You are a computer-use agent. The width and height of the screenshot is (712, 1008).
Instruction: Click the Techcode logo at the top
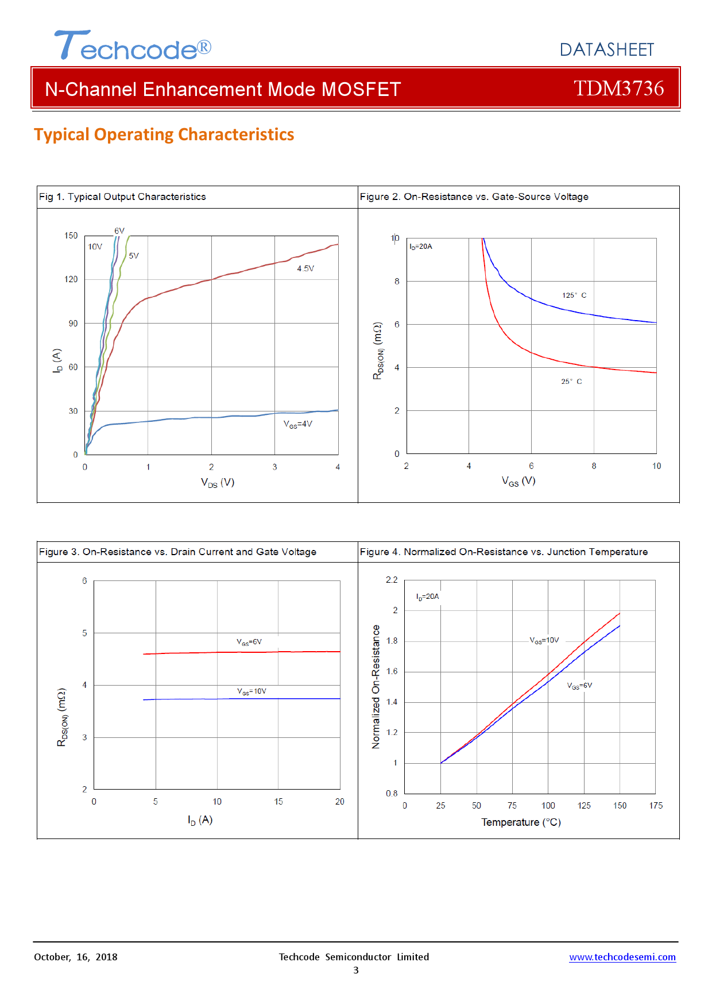click(133, 46)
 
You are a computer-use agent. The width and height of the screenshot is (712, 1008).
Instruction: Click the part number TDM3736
click(618, 89)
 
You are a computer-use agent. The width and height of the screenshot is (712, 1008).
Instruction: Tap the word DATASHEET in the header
click(606, 50)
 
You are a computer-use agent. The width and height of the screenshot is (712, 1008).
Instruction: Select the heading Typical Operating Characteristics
click(164, 134)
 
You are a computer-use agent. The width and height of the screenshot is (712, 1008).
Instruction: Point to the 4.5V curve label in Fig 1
click(305, 268)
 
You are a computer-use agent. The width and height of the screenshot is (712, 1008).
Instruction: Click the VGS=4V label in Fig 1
click(298, 424)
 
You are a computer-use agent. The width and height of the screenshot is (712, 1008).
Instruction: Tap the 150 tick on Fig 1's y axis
click(71, 236)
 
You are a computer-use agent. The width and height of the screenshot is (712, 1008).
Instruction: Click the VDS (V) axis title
click(218, 482)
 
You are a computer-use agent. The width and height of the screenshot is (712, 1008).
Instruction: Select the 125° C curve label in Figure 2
click(574, 295)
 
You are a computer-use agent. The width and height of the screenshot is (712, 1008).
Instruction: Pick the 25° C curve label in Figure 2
click(571, 382)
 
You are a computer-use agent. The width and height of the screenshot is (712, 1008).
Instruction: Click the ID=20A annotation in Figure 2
click(421, 247)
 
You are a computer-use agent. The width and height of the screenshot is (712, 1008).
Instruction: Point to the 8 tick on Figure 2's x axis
click(594, 466)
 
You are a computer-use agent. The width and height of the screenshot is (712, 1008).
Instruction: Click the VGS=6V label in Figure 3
click(249, 642)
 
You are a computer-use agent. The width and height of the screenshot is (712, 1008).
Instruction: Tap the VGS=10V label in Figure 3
click(251, 691)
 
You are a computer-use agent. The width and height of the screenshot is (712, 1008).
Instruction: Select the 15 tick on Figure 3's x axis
click(278, 802)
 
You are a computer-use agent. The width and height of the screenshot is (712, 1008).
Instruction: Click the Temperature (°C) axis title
click(521, 822)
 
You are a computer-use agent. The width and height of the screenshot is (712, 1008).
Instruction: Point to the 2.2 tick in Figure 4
click(392, 580)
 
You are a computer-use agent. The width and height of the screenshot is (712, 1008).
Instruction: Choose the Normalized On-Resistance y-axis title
click(376, 687)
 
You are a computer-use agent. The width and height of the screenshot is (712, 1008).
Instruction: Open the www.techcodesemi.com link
click(622, 957)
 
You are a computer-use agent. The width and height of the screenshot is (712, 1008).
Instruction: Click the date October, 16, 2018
click(76, 957)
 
